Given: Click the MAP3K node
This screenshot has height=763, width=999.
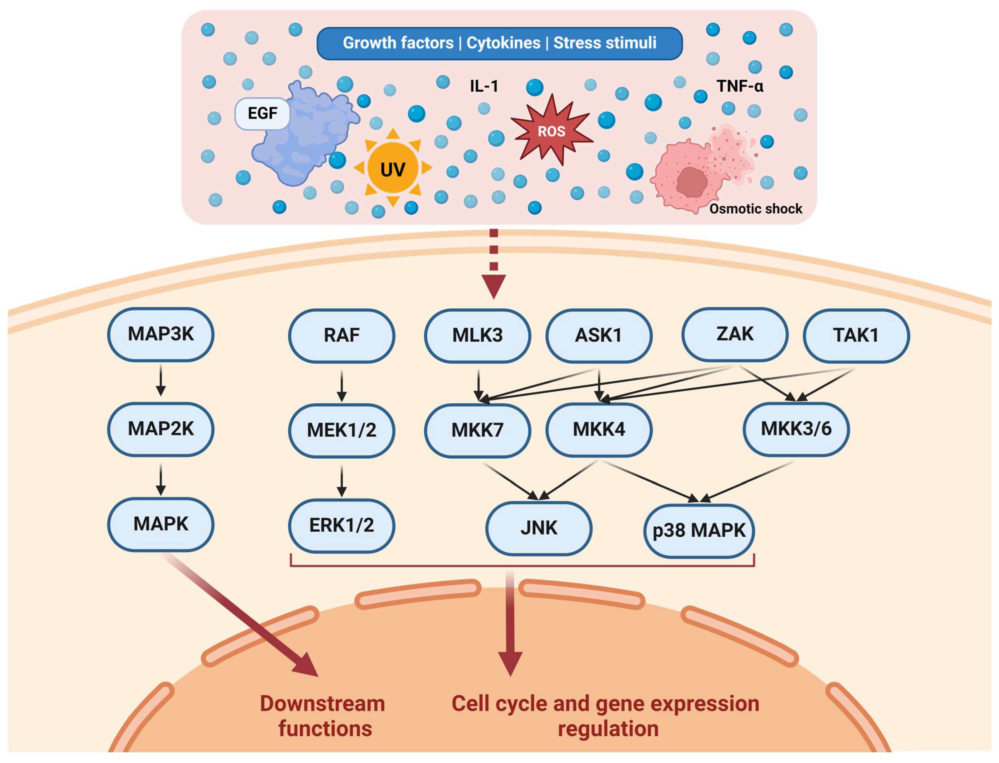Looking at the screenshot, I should [160, 334].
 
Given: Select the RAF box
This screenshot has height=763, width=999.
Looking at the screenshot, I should [341, 336].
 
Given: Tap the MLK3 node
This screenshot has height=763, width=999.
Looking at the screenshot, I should [477, 336].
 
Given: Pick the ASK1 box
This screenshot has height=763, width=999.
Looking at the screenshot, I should [599, 336].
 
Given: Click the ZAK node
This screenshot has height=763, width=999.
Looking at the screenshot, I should [735, 334].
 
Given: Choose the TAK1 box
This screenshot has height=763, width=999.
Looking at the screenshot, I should [856, 336].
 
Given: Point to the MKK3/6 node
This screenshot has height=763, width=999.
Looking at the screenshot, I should [796, 429].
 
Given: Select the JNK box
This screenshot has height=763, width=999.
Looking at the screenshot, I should [539, 528].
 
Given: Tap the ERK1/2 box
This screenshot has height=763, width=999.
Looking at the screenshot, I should [341, 525].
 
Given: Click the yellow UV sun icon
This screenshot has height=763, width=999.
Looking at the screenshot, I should [393, 169].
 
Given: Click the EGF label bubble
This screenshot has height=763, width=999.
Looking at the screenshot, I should [262, 113].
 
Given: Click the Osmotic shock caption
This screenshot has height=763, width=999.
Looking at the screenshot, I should [755, 209].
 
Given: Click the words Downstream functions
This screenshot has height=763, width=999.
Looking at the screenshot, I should [323, 716].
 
